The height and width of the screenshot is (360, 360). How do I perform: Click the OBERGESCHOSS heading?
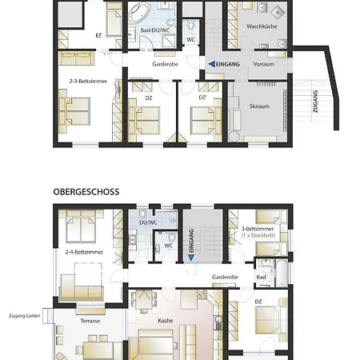pyautogui.click(x=86, y=192)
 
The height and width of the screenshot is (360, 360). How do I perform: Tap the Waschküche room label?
pyautogui.click(x=262, y=26)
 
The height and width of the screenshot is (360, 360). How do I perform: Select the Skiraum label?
pyautogui.click(x=259, y=106)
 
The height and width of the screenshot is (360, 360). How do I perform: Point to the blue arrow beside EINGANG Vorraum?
pyautogui.click(x=212, y=64)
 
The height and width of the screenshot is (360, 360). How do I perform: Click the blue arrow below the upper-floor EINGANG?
pyautogui.click(x=191, y=258)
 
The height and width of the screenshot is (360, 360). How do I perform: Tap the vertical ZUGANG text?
pyautogui.click(x=315, y=102)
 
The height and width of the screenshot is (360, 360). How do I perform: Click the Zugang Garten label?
pyautogui.click(x=24, y=316)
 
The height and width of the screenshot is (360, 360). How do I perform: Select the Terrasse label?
pyautogui.click(x=90, y=321)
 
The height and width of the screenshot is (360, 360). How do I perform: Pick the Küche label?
pyautogui.click(x=166, y=321)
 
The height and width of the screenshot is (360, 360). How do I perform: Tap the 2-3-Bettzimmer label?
pyautogui.click(x=88, y=81)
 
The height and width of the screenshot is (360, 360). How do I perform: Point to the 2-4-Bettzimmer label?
pyautogui.click(x=84, y=252)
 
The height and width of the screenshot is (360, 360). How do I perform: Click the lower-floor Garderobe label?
pyautogui.click(x=165, y=64)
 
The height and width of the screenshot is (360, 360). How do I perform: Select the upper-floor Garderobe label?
pyautogui.click(x=225, y=277)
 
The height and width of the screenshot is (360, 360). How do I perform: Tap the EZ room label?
pyautogui.click(x=98, y=35)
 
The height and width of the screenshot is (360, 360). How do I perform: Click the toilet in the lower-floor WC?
pyautogui.click(x=190, y=26)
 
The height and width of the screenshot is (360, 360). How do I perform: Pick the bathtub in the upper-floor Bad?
pyautogui.click(x=282, y=272)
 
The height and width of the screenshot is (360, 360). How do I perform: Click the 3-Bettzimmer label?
pyautogui.click(x=258, y=229)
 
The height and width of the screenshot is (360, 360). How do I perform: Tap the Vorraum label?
pyautogui.click(x=263, y=64)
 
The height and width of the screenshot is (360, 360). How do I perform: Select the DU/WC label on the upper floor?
pyautogui.click(x=148, y=222)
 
